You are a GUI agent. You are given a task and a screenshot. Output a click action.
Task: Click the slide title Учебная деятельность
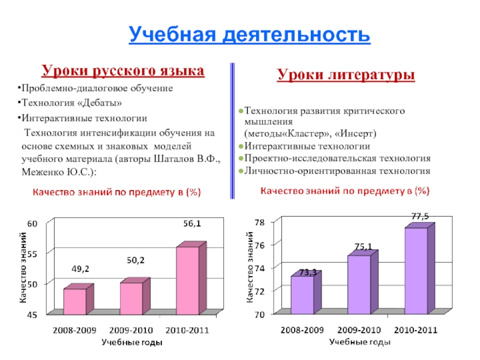(x=249, y=34)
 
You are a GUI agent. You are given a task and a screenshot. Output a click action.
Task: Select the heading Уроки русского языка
(x=122, y=71)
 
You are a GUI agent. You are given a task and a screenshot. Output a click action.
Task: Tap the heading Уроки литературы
(x=346, y=75)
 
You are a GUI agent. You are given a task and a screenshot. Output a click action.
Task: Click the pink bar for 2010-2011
(x=187, y=281)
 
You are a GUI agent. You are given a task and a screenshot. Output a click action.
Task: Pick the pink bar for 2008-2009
(x=74, y=302)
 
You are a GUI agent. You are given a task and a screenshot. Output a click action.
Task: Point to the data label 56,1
(x=192, y=224)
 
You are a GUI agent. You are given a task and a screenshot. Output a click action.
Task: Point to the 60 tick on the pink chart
(x=32, y=223)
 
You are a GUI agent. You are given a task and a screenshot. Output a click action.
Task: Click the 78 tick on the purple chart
(x=259, y=222)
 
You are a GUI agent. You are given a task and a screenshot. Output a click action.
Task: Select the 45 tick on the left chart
(x=32, y=314)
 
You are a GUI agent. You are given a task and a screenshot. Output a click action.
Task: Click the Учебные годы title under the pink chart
(x=131, y=342)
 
